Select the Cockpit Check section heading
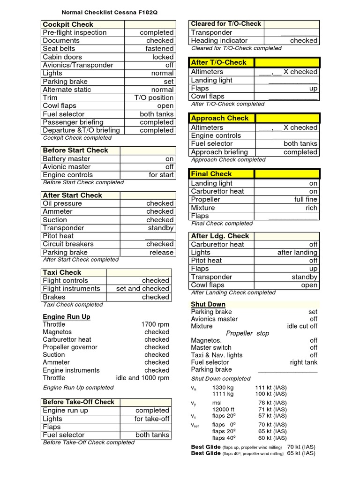click(68, 24)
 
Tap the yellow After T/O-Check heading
click(218, 62)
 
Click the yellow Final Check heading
click(211, 174)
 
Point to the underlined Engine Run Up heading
click(67, 317)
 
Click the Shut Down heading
click(208, 304)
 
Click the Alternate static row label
click(67, 90)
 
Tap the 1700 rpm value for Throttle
click(155, 324)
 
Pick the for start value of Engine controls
click(161, 175)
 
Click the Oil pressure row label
click(62, 203)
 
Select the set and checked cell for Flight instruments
click(142, 289)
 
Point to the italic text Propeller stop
click(247, 333)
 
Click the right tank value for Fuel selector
click(304, 362)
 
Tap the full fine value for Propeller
click(306, 199)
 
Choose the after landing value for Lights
click(297, 252)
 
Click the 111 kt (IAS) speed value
click(271, 388)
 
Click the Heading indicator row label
click(219, 41)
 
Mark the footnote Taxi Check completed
click(73, 305)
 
